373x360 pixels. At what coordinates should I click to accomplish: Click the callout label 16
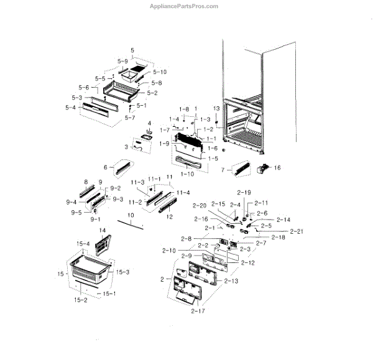pyautogui.click(x=277, y=167)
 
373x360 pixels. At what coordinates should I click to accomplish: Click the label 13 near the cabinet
pyautogui.click(x=216, y=108)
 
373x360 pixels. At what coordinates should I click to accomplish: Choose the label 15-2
pyautogui.click(x=81, y=300)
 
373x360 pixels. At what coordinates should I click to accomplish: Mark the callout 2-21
pyautogui.click(x=282, y=231)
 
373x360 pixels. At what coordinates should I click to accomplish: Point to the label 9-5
pyautogui.click(x=76, y=212)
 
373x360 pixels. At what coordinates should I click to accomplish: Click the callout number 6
pyautogui.click(x=106, y=167)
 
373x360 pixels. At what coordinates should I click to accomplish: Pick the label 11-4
pyautogui.click(x=183, y=193)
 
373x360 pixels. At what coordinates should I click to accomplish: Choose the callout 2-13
pyautogui.click(x=231, y=282)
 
